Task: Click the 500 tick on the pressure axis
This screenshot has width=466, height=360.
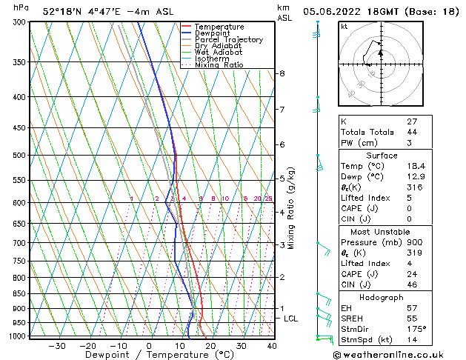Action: point(19,156)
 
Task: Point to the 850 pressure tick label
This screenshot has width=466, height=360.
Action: point(19,294)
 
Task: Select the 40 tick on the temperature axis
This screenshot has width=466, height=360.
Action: point(272,346)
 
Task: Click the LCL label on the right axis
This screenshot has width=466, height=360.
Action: point(291,319)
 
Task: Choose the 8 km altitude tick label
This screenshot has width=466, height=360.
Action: point(282,73)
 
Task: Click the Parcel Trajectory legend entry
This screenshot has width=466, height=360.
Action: point(228,40)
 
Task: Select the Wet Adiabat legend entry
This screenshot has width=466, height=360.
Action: point(219,52)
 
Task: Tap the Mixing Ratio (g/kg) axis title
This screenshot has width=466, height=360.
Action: point(292,208)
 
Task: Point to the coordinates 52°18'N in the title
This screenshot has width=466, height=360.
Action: point(62,11)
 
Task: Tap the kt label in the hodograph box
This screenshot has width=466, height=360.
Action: point(344,27)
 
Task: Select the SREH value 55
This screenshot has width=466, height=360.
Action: point(412,318)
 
